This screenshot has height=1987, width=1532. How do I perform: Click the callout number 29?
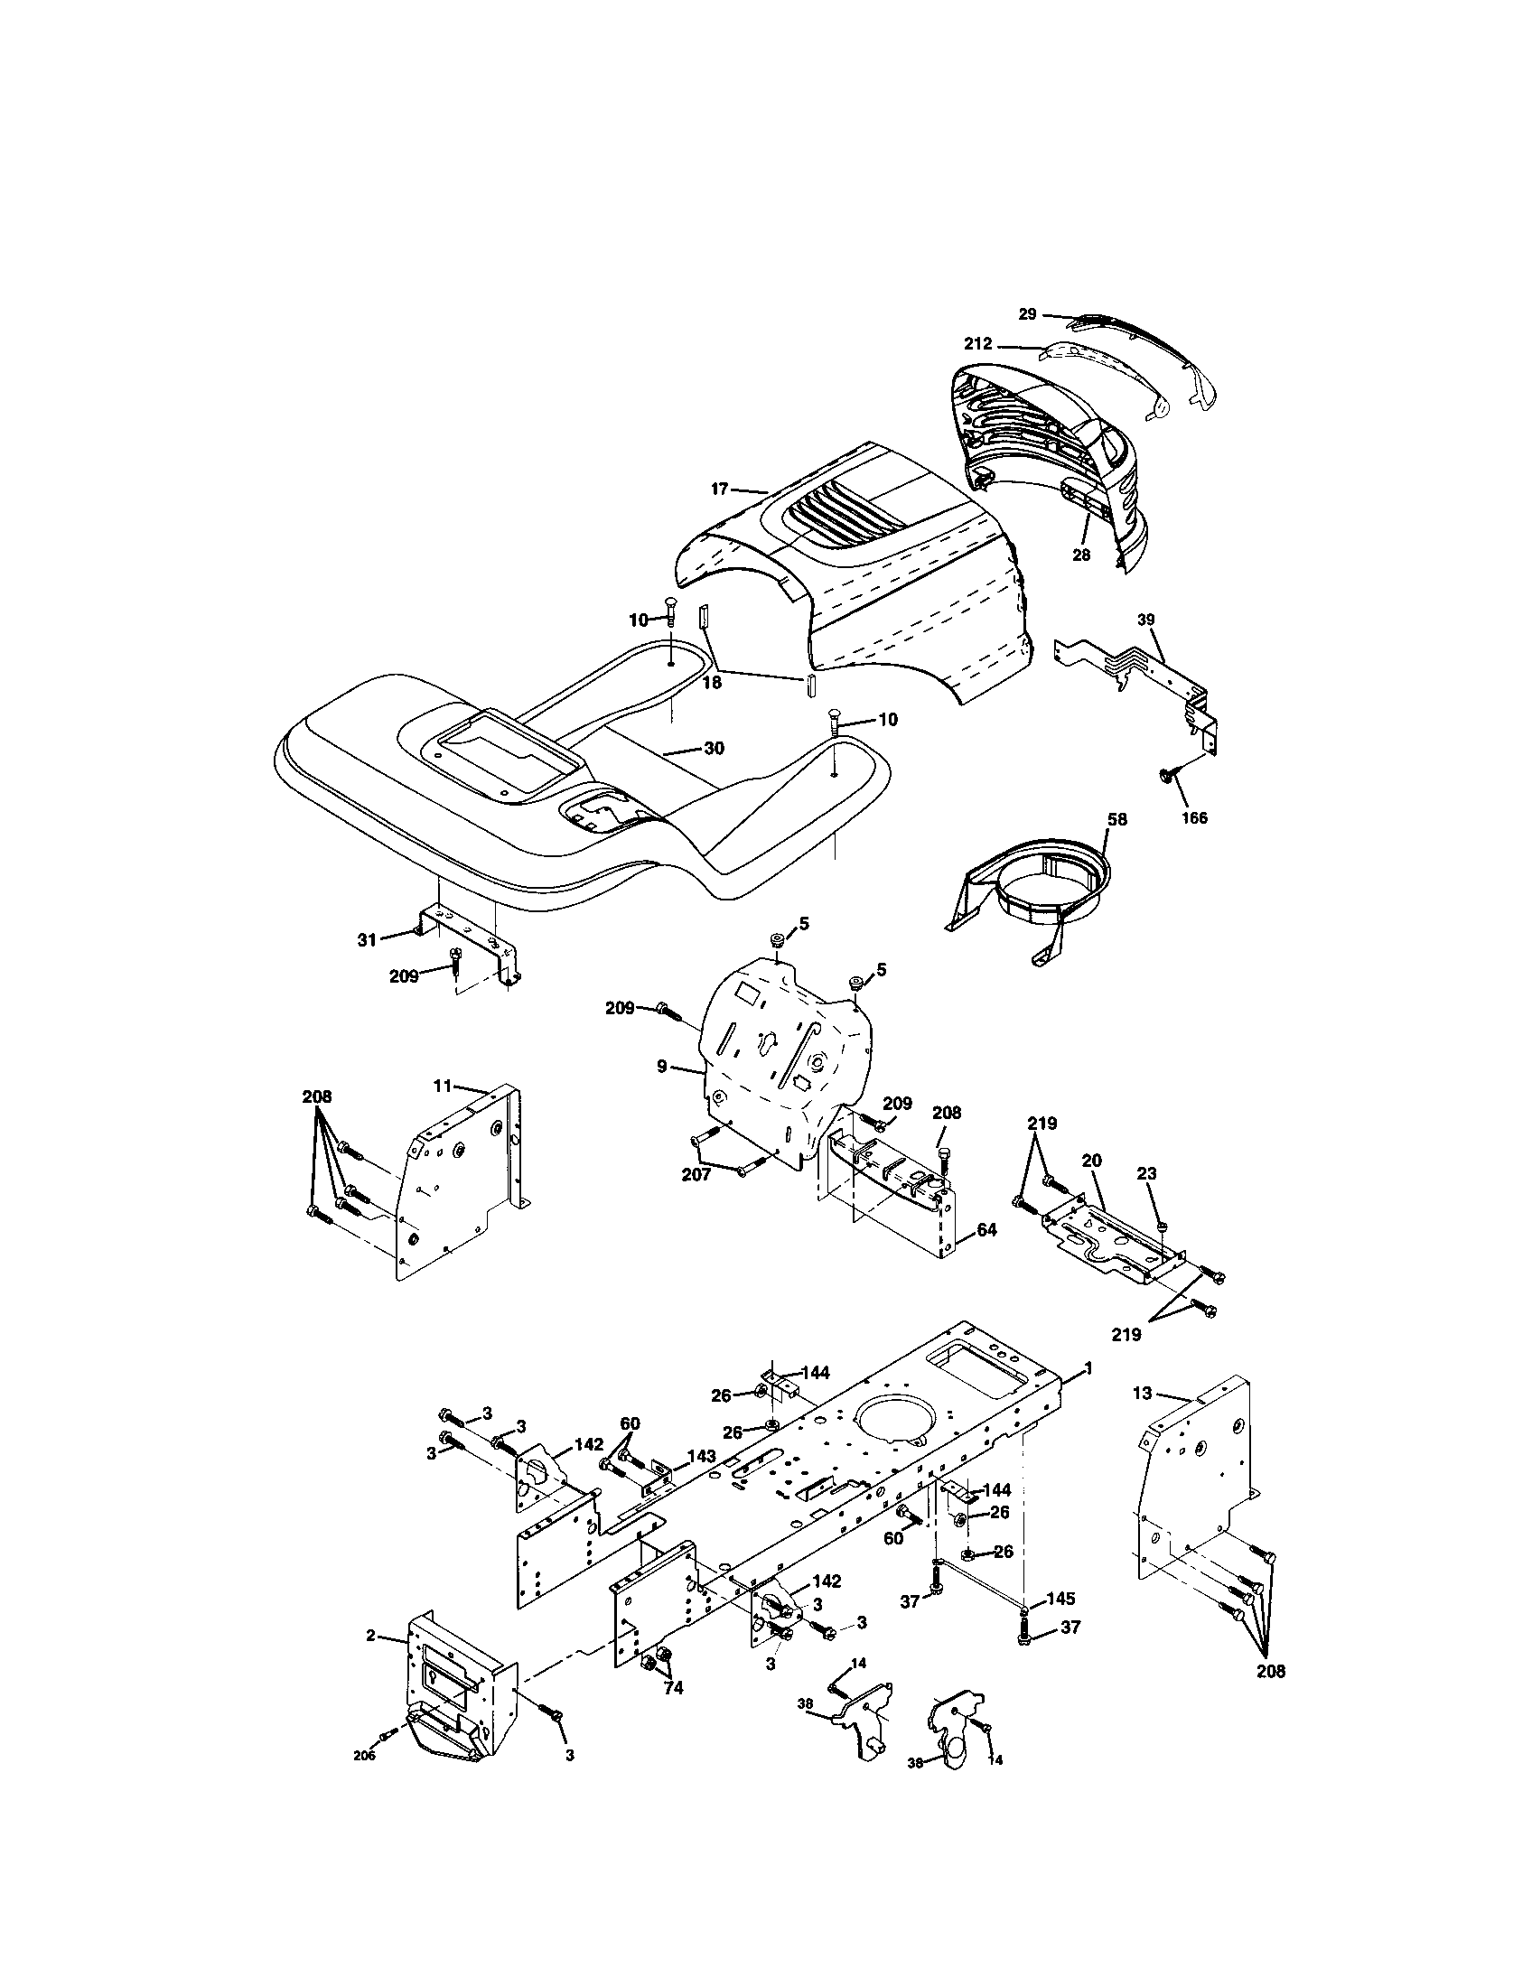coord(1027,314)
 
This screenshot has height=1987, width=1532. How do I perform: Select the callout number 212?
coord(978,345)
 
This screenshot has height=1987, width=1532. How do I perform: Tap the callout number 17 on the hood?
coord(720,490)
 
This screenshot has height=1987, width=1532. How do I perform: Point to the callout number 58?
coord(1116,819)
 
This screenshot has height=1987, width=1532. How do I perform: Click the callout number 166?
coord(1193,818)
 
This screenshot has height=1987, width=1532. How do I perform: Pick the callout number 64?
coord(987,1230)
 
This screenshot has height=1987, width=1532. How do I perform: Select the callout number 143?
coord(700,1456)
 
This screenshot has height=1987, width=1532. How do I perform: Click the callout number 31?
coord(367,940)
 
